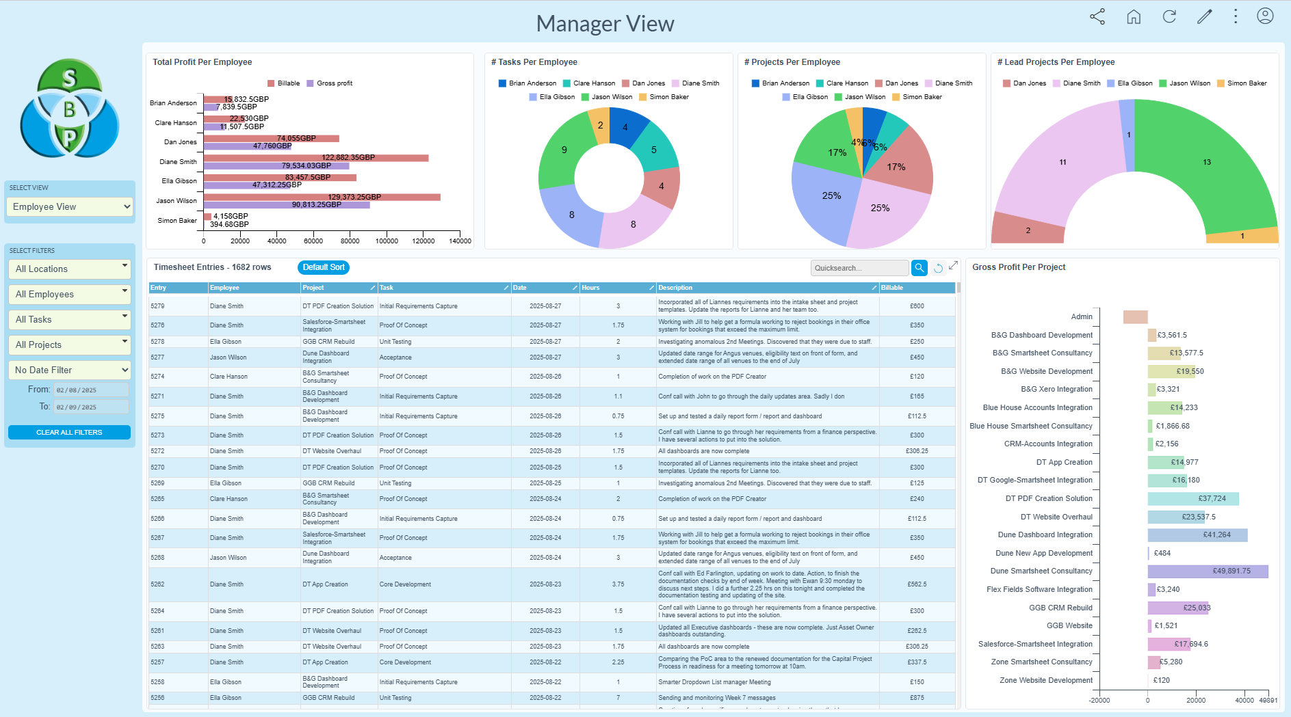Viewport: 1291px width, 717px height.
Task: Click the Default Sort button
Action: (323, 267)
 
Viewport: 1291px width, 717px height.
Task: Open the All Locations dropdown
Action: (68, 269)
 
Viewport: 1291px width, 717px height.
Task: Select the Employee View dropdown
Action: (69, 207)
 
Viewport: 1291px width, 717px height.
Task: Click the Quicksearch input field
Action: (859, 268)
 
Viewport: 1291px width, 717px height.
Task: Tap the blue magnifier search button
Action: (919, 268)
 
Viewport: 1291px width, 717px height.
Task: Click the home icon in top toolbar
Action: (1134, 17)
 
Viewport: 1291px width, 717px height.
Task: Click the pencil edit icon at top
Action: (1204, 17)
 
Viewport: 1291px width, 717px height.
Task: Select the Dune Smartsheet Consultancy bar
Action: (1208, 571)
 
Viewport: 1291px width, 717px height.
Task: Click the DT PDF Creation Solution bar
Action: (1192, 499)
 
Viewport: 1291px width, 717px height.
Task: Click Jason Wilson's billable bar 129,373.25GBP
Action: (322, 197)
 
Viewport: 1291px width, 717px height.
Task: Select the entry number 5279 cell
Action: (158, 306)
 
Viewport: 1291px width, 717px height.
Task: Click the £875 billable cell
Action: (917, 698)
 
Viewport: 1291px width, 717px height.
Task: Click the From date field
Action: (91, 390)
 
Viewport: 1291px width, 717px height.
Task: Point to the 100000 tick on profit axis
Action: (387, 241)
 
